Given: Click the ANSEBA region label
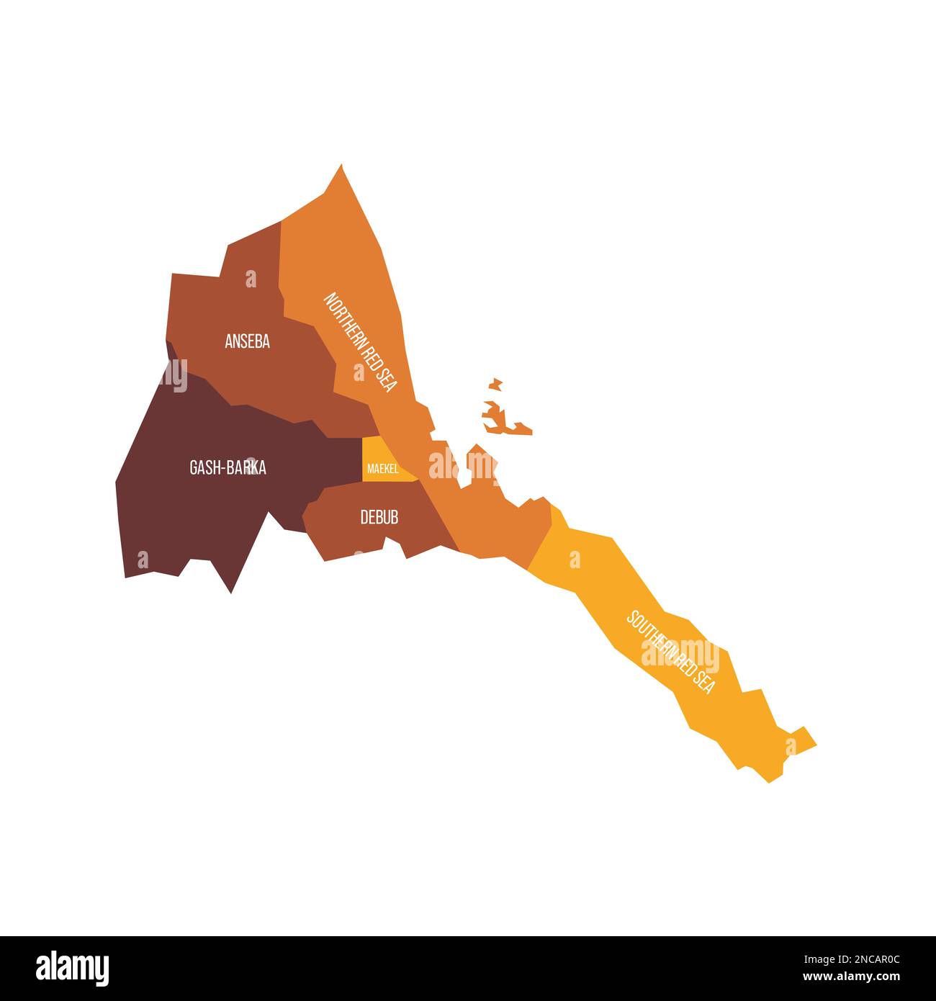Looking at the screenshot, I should click(x=247, y=342).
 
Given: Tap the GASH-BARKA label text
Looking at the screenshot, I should click(x=228, y=467).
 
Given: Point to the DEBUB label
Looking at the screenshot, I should click(x=379, y=517).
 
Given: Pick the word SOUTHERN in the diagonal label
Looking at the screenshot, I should click(x=649, y=634).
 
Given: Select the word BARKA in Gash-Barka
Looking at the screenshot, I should click(x=246, y=467).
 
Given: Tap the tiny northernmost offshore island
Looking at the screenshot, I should click(x=495, y=382).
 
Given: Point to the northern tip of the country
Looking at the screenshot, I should click(x=341, y=167).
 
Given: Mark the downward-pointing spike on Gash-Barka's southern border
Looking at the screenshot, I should click(x=231, y=591).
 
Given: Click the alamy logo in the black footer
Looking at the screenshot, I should click(x=72, y=969).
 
